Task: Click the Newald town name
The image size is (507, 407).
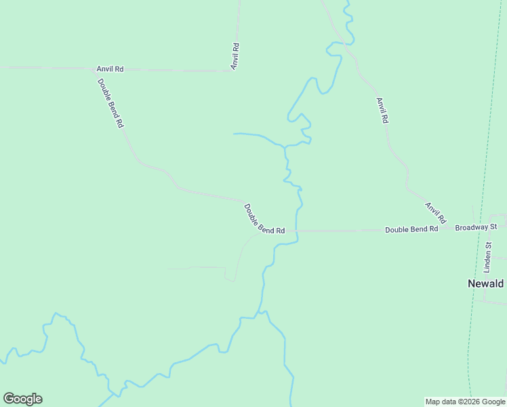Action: [x=485, y=284]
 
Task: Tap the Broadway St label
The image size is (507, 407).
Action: [x=476, y=227]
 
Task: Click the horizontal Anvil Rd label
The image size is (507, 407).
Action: [x=110, y=69]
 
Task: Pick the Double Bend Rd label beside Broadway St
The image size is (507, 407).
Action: [x=411, y=229]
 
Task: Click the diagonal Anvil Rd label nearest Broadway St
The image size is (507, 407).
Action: [x=436, y=213]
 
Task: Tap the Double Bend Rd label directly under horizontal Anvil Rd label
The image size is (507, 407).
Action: [x=110, y=104]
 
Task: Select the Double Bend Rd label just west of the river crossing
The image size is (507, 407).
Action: [x=264, y=220]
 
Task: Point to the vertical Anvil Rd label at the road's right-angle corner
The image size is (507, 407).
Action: [x=235, y=56]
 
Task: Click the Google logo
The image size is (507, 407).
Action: [x=22, y=399]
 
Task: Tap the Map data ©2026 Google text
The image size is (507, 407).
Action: [x=465, y=402]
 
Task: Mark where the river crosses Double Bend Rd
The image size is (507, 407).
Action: [x=296, y=231]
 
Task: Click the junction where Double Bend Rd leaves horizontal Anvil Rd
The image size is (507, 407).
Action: [x=95, y=69]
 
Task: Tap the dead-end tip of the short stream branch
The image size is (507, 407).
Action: [x=234, y=134]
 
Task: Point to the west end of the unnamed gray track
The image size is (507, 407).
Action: [x=169, y=269]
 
